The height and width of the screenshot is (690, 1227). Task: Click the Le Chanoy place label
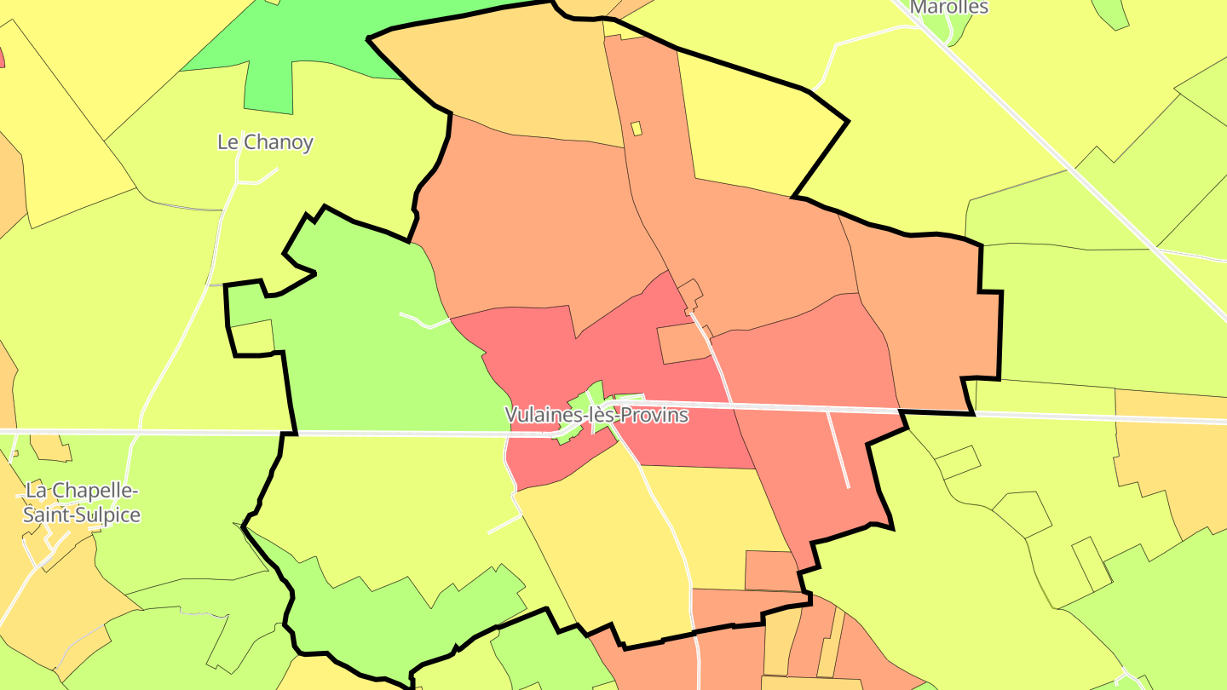(265, 142)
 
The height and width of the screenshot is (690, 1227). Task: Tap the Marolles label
(949, 8)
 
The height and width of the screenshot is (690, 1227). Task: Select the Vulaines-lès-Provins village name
(596, 416)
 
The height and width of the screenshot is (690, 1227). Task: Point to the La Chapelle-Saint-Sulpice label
(82, 503)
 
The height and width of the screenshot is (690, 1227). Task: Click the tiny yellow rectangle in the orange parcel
(636, 129)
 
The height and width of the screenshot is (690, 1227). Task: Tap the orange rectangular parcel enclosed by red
(683, 343)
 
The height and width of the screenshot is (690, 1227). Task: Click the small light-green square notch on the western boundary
(252, 336)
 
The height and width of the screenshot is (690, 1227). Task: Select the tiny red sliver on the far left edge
(2, 56)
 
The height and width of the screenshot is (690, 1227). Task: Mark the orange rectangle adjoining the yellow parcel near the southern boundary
(771, 571)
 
